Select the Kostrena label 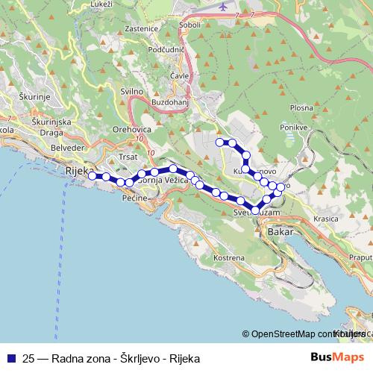click(x=229, y=257)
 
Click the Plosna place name click(x=301, y=107)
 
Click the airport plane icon click(x=225, y=6)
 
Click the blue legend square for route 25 click(x=11, y=357)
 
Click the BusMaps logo click(x=332, y=357)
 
